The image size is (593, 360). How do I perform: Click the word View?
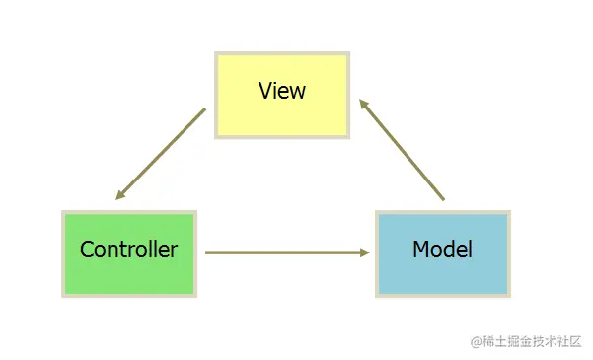pyautogui.click(x=282, y=91)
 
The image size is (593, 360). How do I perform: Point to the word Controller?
pyautogui.click(x=128, y=250)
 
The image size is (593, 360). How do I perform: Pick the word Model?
pyautogui.click(x=442, y=250)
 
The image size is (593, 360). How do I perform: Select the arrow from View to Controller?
pyautogui.click(x=161, y=154)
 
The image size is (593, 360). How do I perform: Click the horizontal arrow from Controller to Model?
pyautogui.click(x=286, y=252)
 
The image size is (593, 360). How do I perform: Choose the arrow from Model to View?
pyautogui.click(x=403, y=150)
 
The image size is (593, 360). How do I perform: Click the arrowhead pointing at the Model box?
pyautogui.click(x=365, y=252)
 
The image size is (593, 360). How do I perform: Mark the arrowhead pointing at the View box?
pyautogui.click(x=362, y=103)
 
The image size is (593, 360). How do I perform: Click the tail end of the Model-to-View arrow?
pyautogui.click(x=443, y=199)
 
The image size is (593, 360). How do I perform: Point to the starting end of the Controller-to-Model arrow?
pyautogui.click(x=207, y=252)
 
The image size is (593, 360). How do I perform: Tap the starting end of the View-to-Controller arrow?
pyautogui.click(x=204, y=110)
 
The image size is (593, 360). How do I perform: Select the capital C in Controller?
pyautogui.click(x=87, y=250)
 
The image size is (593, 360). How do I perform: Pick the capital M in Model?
pyautogui.click(x=420, y=250)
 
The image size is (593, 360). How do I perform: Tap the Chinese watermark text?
pyautogui.click(x=533, y=341)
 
